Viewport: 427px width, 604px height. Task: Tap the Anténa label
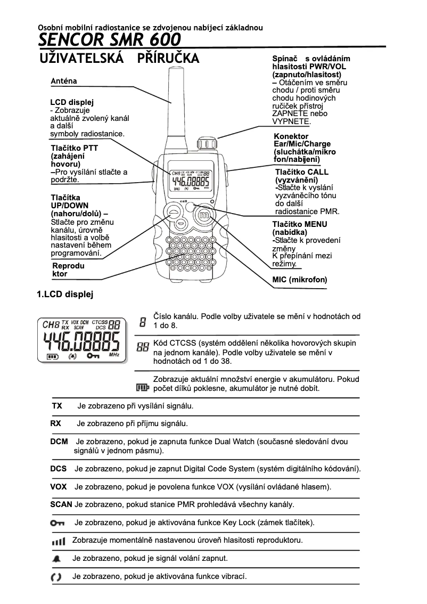[x=64, y=81]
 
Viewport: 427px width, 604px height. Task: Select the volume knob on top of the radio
[x=206, y=144]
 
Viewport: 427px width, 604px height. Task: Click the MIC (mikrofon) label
[x=299, y=279]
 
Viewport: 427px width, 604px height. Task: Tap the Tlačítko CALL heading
[x=301, y=172]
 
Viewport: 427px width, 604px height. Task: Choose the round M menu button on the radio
[x=204, y=215]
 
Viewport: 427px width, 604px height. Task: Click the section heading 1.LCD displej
[x=64, y=294]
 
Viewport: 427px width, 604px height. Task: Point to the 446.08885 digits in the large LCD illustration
[x=81, y=340]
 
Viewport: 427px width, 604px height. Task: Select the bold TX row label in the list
[x=57, y=406]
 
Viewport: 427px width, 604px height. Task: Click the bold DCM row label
[x=59, y=442]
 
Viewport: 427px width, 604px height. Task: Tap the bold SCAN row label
[x=61, y=504]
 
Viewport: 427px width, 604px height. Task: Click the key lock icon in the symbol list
[x=57, y=523]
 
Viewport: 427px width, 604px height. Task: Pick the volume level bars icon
[x=58, y=541]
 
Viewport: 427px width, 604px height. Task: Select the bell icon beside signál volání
[x=57, y=559]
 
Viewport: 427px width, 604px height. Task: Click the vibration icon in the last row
[x=56, y=577]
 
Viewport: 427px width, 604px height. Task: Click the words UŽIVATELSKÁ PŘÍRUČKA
[x=120, y=58]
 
